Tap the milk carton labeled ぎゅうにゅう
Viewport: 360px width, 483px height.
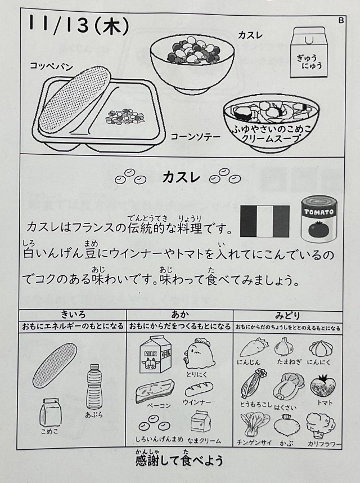[x=309, y=52]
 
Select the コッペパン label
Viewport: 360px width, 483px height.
[x=51, y=66]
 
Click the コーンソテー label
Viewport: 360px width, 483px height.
[x=195, y=136]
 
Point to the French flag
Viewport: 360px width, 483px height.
[x=265, y=221]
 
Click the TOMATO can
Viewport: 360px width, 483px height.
[x=319, y=220]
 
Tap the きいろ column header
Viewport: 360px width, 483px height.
[x=73, y=315]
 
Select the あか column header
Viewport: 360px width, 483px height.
[x=179, y=315]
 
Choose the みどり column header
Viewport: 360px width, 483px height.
[x=287, y=315]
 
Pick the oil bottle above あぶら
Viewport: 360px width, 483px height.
[x=94, y=387]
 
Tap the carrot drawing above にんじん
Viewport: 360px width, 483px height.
[x=253, y=347]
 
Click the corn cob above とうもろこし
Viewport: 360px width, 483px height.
[x=253, y=384]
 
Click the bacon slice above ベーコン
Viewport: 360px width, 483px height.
[x=155, y=391]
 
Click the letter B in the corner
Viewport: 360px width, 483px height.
[x=341, y=20]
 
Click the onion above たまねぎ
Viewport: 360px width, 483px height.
[x=283, y=346]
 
